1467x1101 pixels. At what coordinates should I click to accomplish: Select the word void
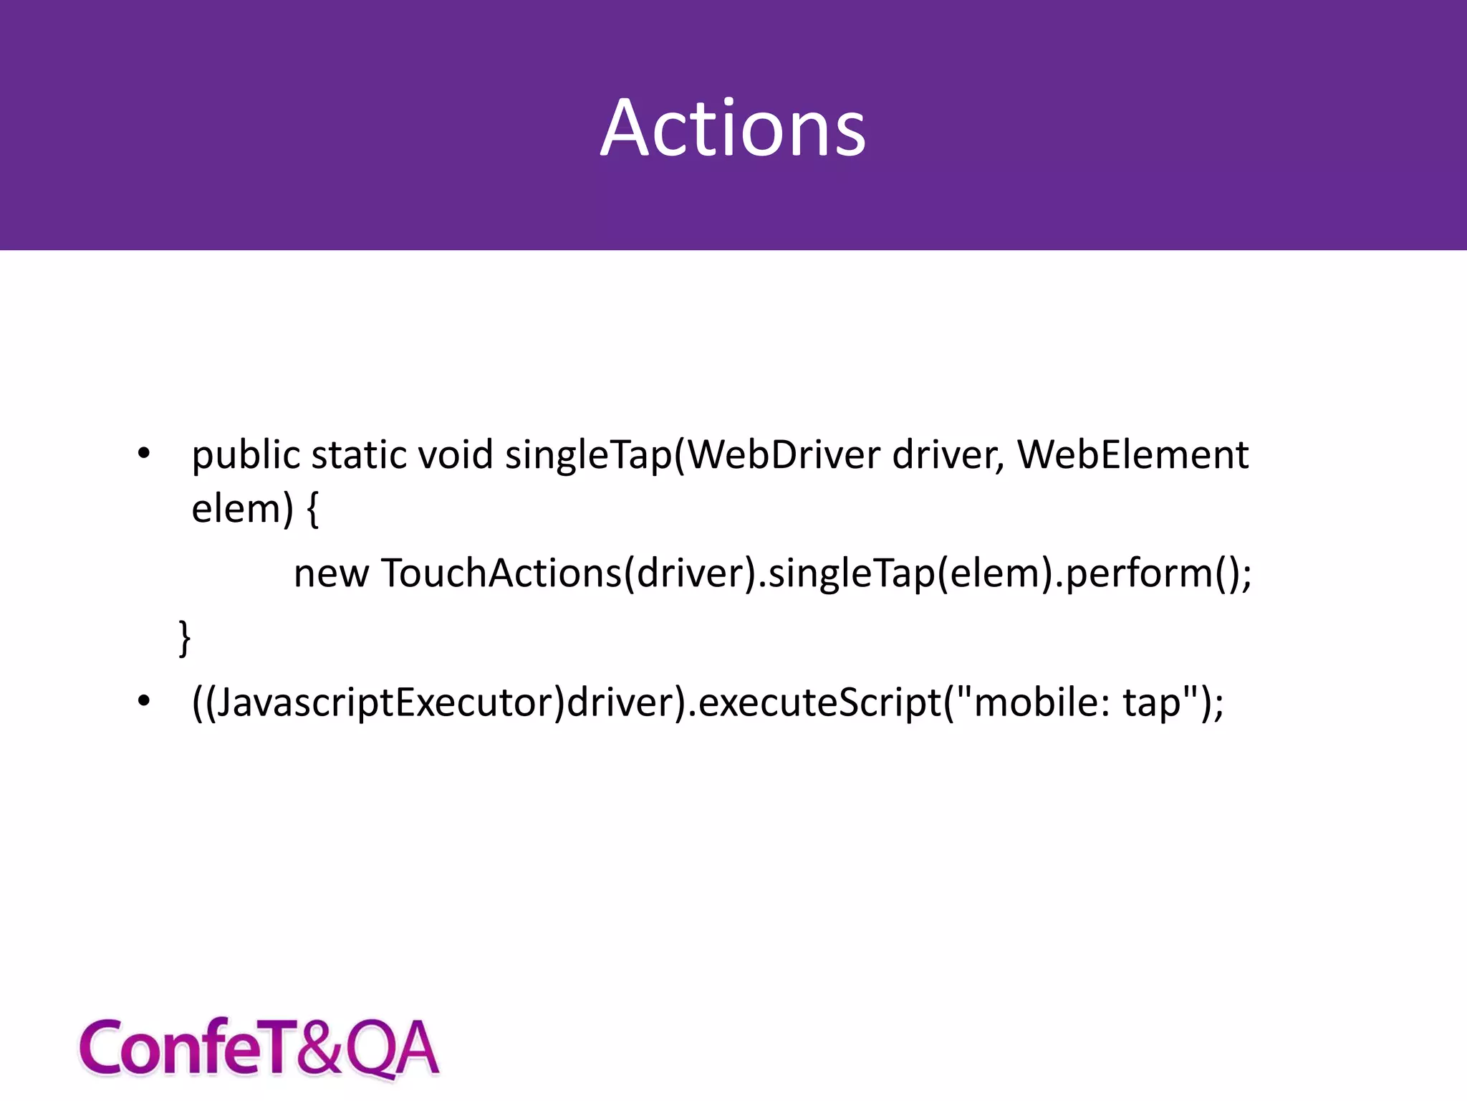point(456,456)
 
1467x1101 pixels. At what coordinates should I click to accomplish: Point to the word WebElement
point(1132,456)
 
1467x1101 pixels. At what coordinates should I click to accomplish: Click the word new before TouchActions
point(331,573)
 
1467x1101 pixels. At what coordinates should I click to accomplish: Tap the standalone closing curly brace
point(185,637)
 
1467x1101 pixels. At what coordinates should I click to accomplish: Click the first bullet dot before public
point(144,454)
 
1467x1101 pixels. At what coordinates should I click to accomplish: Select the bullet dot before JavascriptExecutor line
point(144,701)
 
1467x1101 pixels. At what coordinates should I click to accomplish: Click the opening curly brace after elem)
point(312,510)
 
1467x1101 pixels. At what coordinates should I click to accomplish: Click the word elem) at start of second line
point(242,510)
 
